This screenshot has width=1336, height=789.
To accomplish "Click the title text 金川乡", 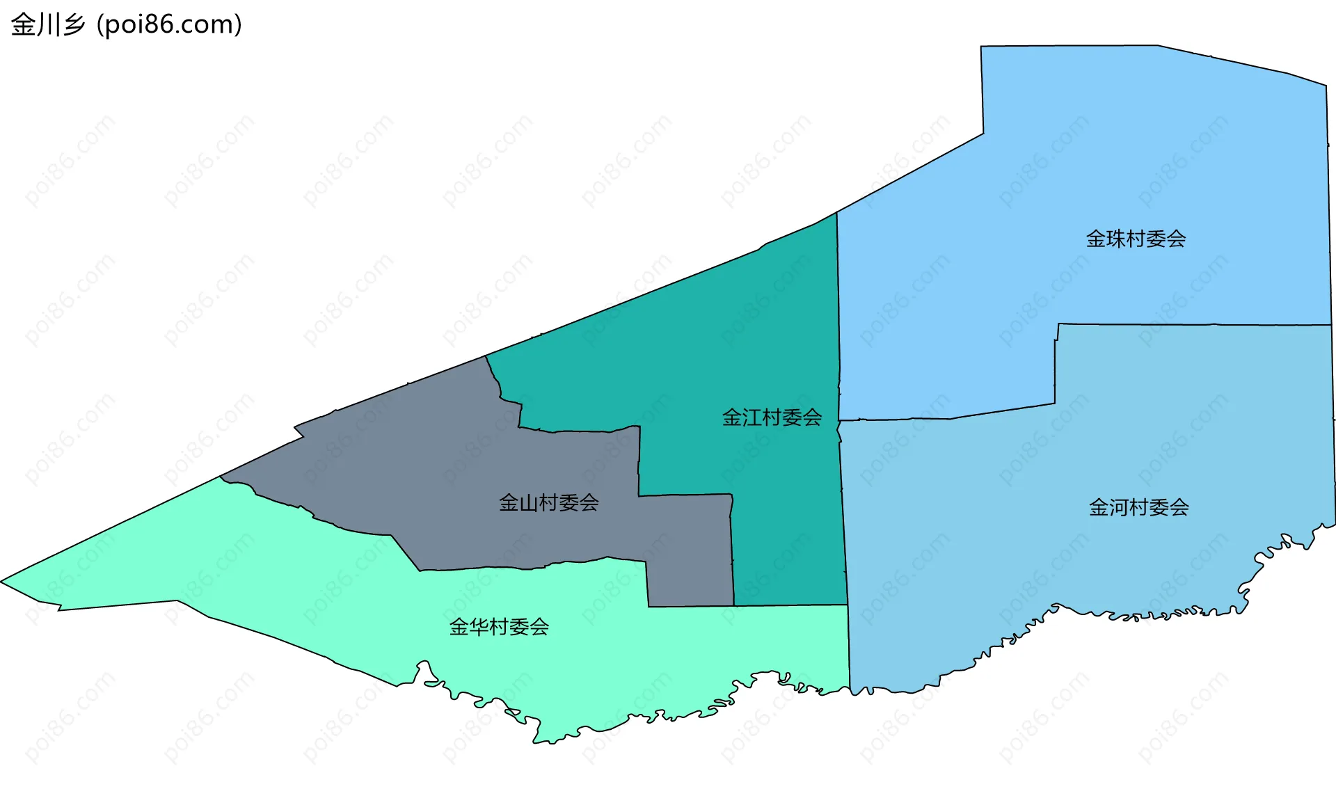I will (47, 25).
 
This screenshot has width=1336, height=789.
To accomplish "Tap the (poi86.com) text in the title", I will (169, 25).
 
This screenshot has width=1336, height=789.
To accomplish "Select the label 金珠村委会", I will (1136, 239).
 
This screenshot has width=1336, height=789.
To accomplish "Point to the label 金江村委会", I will (772, 417).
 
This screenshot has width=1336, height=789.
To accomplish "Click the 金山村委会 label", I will (548, 503).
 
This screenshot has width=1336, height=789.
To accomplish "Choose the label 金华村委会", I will (499, 628).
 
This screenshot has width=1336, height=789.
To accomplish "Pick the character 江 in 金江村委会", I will (751, 417).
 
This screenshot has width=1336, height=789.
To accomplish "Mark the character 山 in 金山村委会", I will (528, 503).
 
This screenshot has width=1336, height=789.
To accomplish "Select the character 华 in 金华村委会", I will (479, 628).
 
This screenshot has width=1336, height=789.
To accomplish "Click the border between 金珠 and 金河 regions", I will (1183, 324).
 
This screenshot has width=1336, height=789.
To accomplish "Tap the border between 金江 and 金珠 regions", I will (838, 313).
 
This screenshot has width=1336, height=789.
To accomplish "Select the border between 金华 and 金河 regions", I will (849, 647).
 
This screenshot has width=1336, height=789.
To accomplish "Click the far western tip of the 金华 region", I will (3, 581).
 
